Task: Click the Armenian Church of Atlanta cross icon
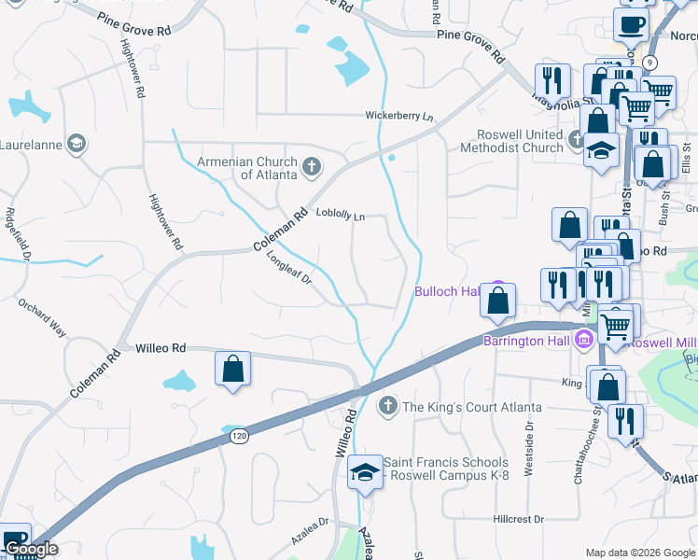click(312, 168)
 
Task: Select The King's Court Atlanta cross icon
click(388, 407)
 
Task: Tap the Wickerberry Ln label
click(399, 117)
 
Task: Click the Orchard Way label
click(42, 317)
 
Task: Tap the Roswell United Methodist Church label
click(520, 141)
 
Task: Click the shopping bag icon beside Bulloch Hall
click(498, 301)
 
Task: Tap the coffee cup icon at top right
click(632, 25)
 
